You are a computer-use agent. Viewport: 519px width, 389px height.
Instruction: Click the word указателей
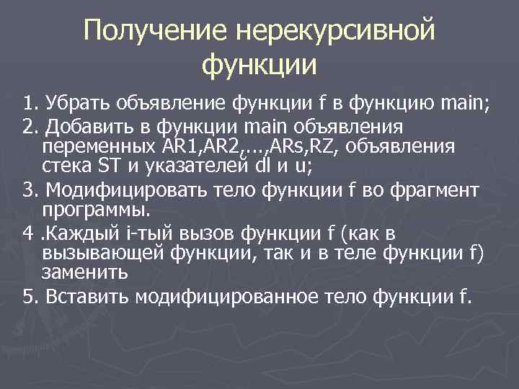(194, 166)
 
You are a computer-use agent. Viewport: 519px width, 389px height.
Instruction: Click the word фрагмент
(435, 192)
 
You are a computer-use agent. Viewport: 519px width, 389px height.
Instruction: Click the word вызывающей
(103, 253)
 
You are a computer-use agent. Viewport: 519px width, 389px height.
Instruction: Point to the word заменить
(86, 272)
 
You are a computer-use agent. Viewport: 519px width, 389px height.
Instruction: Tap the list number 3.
(28, 192)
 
